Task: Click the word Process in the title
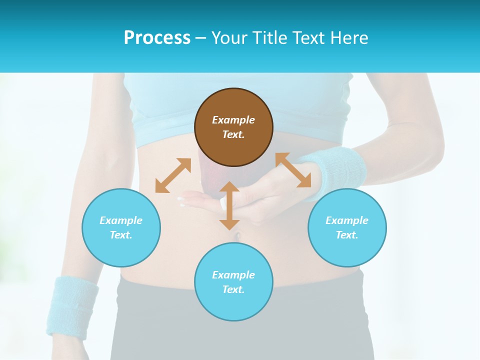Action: (x=157, y=38)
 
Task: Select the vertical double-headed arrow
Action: (x=229, y=205)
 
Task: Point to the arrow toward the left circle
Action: (x=173, y=175)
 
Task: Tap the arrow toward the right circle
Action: (x=293, y=170)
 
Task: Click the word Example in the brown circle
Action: (x=233, y=120)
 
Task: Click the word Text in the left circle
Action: (x=120, y=235)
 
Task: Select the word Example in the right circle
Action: (x=347, y=220)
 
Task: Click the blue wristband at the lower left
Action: (x=71, y=305)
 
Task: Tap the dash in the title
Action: (x=201, y=38)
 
